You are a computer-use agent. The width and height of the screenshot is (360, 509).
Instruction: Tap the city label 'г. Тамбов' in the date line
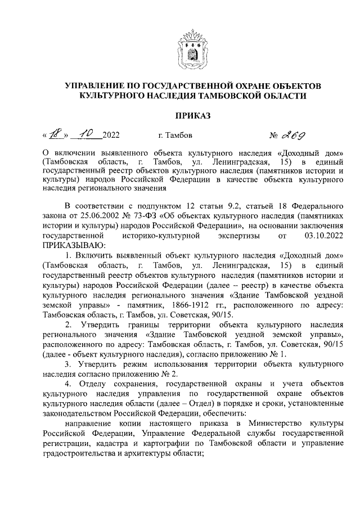click(175, 136)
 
